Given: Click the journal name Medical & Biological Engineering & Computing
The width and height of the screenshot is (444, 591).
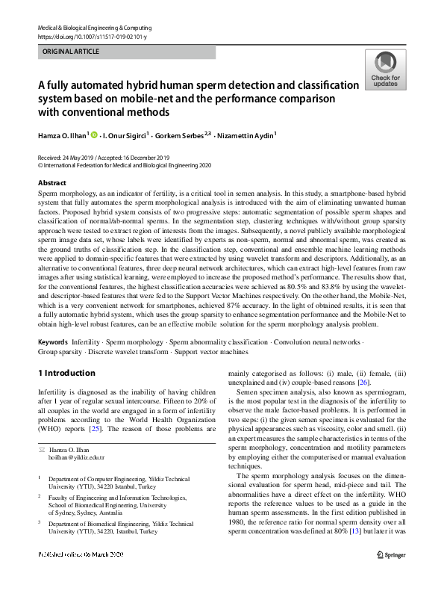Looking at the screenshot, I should point(91,27).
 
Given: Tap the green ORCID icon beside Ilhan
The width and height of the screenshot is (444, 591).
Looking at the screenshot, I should point(95,135).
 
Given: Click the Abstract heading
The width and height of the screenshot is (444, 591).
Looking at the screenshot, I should point(51,183).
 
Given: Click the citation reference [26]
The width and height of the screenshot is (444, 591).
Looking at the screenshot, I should point(363,382).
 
